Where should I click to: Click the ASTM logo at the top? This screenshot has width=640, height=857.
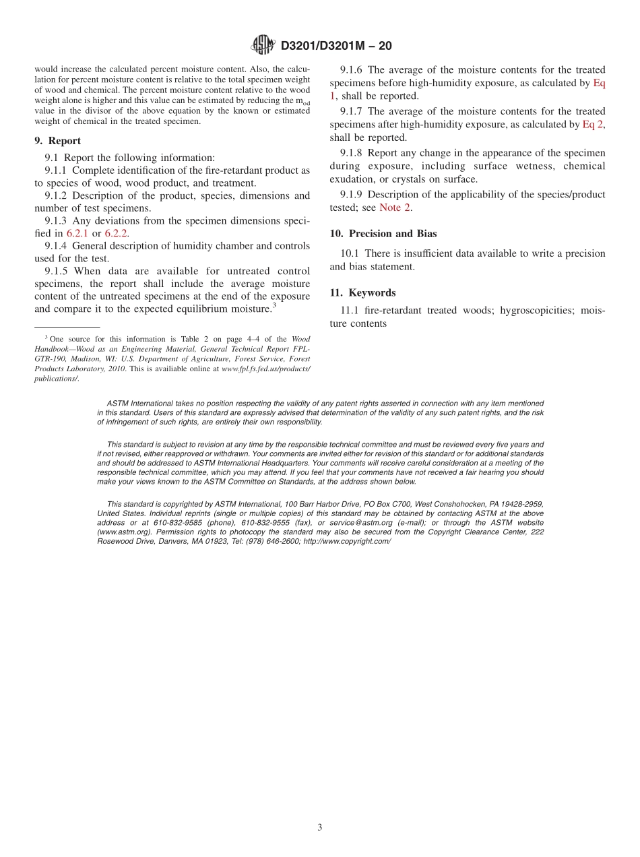coord(263,45)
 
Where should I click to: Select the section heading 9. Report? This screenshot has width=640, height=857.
coord(57,141)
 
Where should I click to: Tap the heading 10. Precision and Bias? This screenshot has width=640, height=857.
coord(383,234)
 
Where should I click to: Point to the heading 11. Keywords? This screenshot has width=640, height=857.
coord(362,293)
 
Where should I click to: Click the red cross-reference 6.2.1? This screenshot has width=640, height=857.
coord(77,233)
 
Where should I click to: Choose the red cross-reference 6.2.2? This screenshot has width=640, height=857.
coord(116,233)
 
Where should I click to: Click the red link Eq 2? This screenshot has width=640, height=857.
coord(592,125)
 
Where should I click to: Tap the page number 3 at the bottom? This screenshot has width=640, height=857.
coord(320,827)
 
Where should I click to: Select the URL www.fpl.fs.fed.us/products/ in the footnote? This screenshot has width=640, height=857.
coord(265,369)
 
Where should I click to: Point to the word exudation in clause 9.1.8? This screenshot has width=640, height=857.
coord(352,179)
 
